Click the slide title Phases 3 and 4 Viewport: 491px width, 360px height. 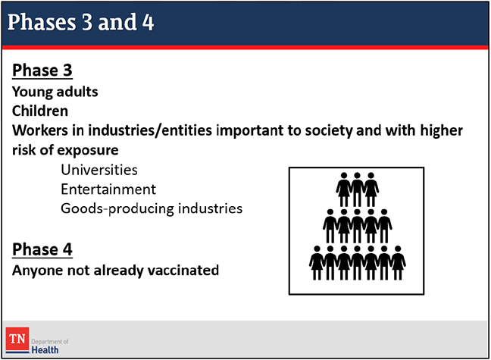coord(80,22)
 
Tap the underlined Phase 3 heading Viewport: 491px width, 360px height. coord(42,70)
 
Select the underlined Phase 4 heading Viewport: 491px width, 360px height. coord(42,249)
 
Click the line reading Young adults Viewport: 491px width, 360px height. coord(55,92)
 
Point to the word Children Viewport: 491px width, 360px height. coord(40,111)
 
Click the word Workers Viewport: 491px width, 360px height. coord(39,130)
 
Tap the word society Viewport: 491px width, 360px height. coord(329,131)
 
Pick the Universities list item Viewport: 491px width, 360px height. coord(99,170)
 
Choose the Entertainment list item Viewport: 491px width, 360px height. coord(108,189)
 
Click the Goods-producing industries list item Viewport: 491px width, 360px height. coord(152,209)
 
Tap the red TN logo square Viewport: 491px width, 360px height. coord(17,340)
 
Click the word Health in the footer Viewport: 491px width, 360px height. coord(45,350)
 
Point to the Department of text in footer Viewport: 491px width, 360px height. coord(50,342)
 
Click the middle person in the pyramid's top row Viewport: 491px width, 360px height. coord(358,189)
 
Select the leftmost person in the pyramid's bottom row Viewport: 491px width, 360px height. coord(317,262)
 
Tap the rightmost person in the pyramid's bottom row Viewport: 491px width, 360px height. coord(398,262)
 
